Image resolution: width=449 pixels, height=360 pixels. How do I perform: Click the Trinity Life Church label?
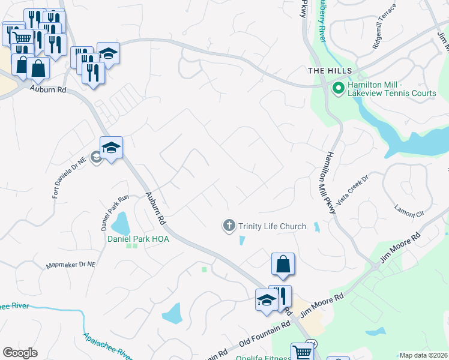[x=272, y=226]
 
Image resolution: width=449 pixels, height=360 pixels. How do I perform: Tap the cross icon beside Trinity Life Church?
[x=229, y=226]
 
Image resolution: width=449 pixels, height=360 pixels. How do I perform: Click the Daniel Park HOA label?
[x=138, y=239]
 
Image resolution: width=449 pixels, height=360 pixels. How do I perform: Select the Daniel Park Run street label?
[x=115, y=213]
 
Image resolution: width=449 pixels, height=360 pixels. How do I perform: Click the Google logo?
[x=20, y=353]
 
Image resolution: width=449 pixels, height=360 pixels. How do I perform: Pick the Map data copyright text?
[x=424, y=355]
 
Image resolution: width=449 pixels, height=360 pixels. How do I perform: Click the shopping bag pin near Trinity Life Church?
[x=283, y=264]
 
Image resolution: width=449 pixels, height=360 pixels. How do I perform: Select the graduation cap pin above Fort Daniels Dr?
[x=111, y=147]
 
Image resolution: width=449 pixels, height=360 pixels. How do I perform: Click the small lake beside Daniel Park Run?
[x=121, y=223]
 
